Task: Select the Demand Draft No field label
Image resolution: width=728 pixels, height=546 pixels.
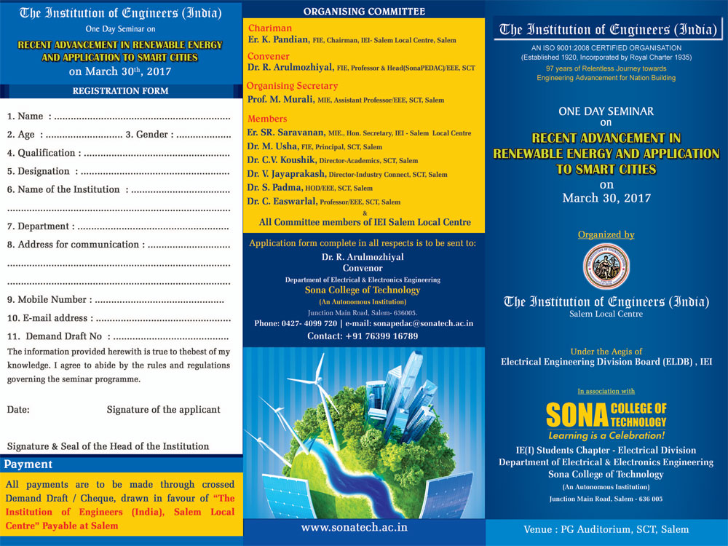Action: tap(64, 336)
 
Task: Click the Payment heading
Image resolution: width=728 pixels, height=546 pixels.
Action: tap(28, 464)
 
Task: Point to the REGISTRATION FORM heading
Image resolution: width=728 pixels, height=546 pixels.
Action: tap(120, 91)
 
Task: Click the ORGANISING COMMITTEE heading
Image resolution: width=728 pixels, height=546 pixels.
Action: tap(364, 12)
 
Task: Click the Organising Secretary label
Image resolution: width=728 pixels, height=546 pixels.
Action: tap(292, 86)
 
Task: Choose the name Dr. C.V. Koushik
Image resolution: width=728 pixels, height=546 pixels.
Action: tap(281, 160)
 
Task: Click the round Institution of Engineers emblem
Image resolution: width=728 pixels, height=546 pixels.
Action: tap(606, 267)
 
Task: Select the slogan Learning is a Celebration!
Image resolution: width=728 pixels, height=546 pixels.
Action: tap(606, 435)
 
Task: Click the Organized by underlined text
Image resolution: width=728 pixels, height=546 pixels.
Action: tap(606, 235)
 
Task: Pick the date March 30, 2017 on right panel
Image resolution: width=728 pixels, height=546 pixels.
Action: tap(606, 198)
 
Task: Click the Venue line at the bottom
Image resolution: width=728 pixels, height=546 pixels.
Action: tap(606, 529)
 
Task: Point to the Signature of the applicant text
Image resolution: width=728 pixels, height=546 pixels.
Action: tap(163, 410)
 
